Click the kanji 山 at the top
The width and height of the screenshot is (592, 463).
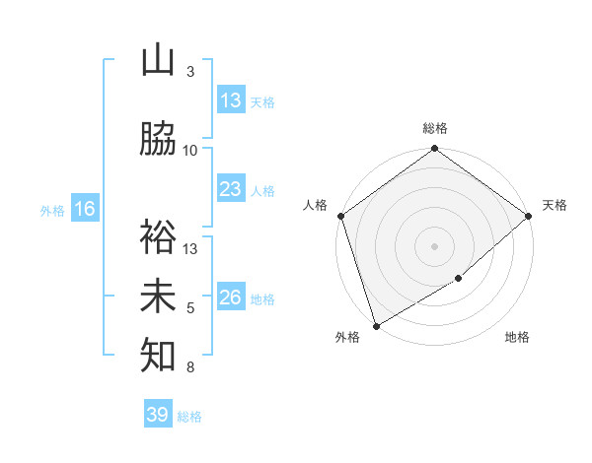point(158,62)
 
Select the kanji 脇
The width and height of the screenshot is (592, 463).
point(158,141)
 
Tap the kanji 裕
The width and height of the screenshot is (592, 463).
point(158,238)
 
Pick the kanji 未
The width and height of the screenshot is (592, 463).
point(158,298)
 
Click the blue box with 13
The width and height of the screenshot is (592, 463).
point(231,100)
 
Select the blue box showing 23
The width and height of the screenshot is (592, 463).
point(231,189)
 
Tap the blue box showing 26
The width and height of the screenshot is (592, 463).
point(231,298)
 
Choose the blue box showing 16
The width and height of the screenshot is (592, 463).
point(85,209)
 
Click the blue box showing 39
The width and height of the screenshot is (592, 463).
point(158,415)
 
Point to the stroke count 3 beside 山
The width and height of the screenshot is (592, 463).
point(190,72)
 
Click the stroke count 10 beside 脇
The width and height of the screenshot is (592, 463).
point(190,151)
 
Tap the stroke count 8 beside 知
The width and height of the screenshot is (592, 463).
point(190,367)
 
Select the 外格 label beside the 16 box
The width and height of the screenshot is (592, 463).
point(52,210)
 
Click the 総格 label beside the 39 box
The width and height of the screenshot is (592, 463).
point(189,416)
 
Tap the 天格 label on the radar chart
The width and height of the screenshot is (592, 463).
point(555,205)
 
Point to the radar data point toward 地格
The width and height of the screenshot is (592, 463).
point(459,279)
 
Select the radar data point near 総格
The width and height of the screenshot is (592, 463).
point(434,150)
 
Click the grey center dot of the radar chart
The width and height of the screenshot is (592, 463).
point(434,245)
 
